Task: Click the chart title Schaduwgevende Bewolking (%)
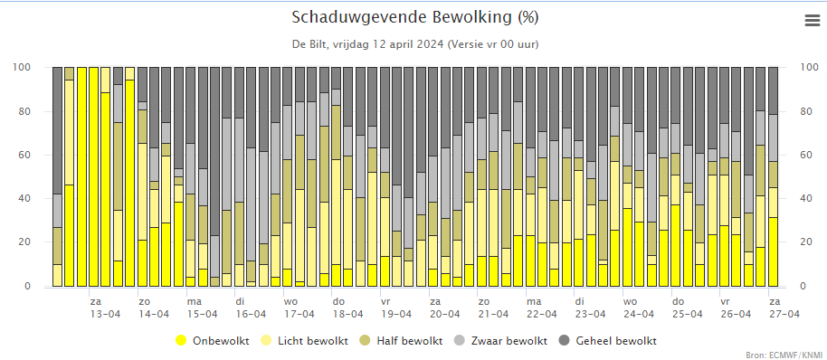tap(414, 17)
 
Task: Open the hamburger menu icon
tap(813, 21)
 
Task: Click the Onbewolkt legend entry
tap(213, 340)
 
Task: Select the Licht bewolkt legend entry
tap(306, 340)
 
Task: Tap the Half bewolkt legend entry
tap(404, 340)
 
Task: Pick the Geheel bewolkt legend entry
tap(608, 340)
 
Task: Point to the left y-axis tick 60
tap(40, 156)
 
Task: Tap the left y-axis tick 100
tap(37, 68)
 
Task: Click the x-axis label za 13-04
tap(103, 308)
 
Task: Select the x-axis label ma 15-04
tap(202, 308)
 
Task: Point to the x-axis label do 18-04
tap(347, 308)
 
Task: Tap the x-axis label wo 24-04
tap(639, 308)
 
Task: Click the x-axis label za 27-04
tap(784, 308)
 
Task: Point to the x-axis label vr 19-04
tap(396, 308)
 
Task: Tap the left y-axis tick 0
tap(43, 286)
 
